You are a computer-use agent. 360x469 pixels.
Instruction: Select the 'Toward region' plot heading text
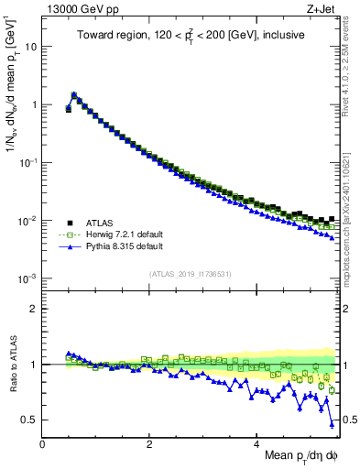(x=191, y=35)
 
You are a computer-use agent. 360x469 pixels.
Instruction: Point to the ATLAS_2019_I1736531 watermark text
(x=191, y=274)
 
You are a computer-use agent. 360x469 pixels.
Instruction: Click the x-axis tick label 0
(x=43, y=442)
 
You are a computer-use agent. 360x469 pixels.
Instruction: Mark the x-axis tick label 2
(x=149, y=442)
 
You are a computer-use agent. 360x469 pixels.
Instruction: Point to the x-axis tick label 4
(x=256, y=442)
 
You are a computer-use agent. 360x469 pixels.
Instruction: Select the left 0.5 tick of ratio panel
(x=30, y=420)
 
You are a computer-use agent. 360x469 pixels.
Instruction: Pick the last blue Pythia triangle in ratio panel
(x=332, y=423)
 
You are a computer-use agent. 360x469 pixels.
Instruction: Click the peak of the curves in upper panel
(x=74, y=94)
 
